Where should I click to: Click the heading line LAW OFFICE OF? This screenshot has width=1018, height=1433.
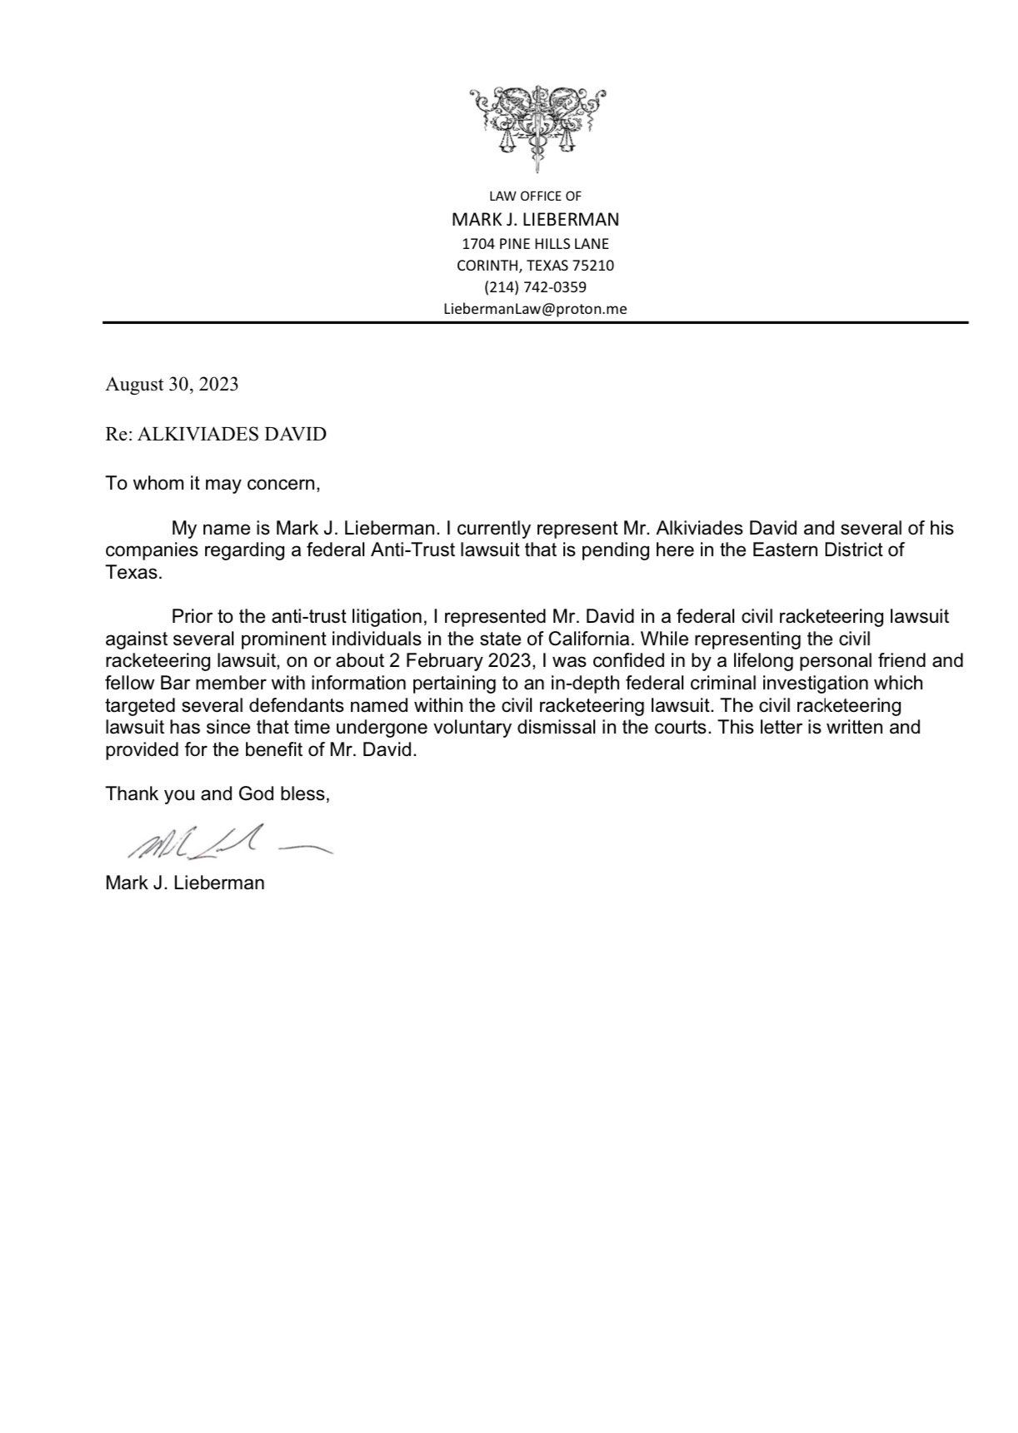(535, 197)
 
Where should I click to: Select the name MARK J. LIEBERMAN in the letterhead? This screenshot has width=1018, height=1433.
(535, 220)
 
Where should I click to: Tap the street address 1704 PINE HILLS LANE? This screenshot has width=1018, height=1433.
(535, 244)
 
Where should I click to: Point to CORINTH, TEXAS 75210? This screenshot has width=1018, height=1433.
(535, 266)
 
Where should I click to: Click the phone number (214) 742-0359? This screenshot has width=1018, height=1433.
(535, 287)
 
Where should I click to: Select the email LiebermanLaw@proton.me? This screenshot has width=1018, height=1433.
(535, 309)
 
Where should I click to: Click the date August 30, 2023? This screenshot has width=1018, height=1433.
(172, 384)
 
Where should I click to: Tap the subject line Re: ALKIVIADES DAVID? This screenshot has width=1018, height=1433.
(216, 434)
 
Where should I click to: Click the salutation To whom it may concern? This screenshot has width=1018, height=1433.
(212, 484)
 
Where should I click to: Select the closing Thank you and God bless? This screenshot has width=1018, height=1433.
(217, 794)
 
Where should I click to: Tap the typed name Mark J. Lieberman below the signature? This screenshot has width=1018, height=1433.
(185, 883)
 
